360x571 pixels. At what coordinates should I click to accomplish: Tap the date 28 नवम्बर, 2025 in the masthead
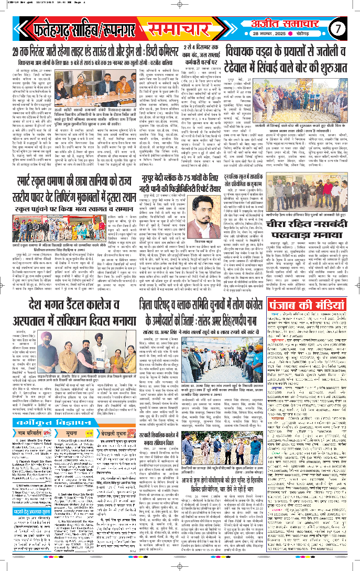coord(286,34)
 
